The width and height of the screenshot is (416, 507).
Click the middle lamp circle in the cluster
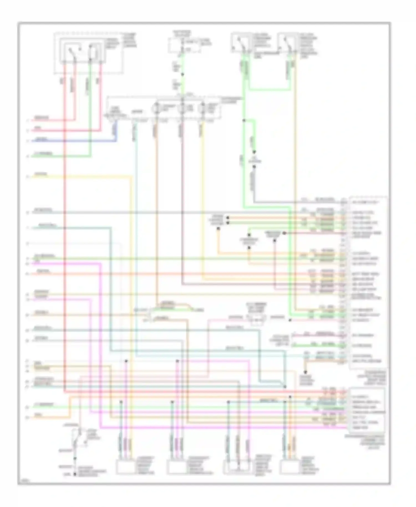click(181, 108)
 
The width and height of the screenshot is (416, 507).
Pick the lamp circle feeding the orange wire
click(156, 108)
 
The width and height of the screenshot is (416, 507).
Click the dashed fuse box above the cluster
click(184, 45)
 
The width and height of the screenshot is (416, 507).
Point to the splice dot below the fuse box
click(182, 74)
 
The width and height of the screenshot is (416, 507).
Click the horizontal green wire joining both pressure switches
click(269, 90)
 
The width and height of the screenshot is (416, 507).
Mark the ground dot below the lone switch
click(75, 475)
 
